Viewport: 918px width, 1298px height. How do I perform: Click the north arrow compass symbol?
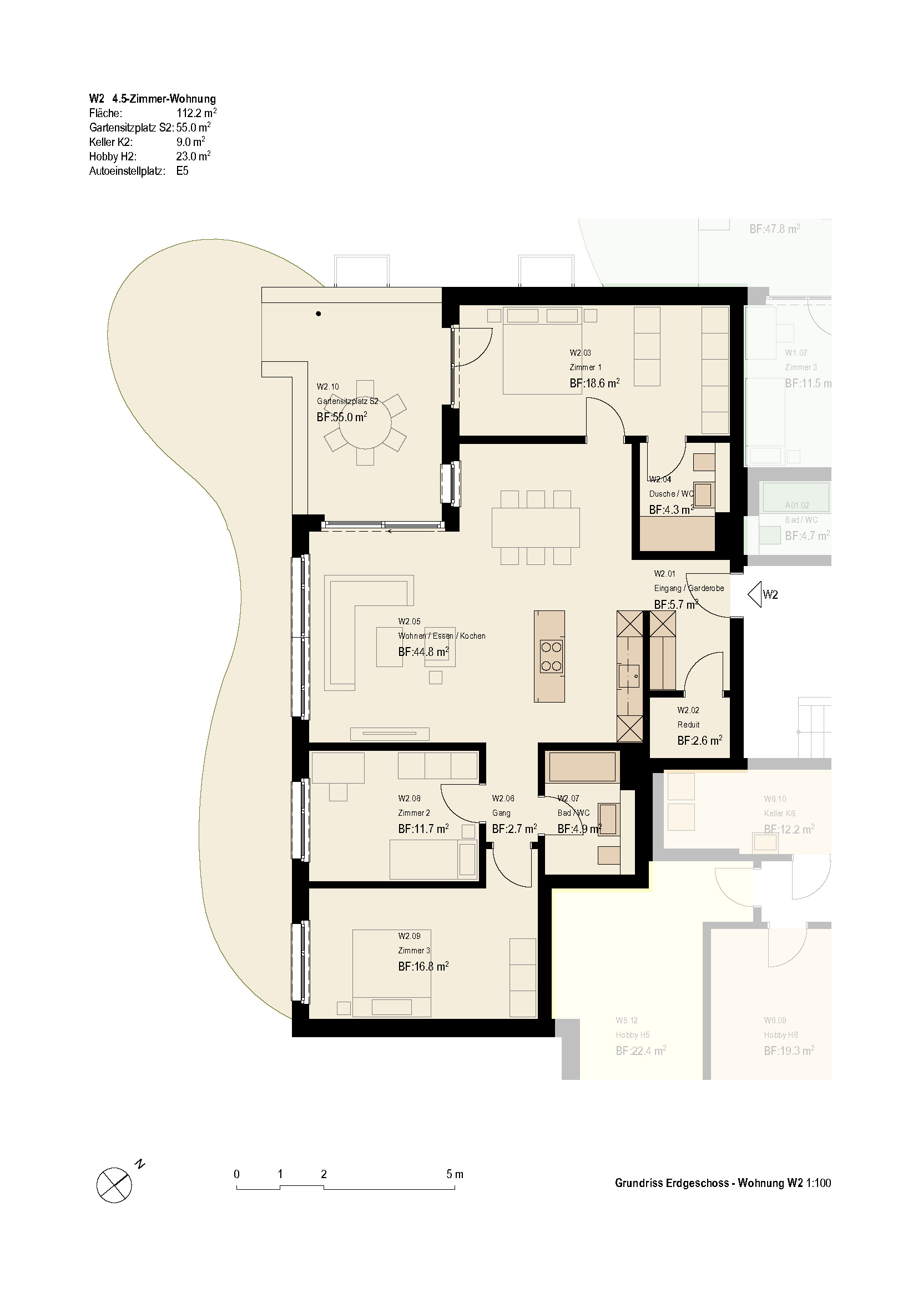click(x=114, y=1185)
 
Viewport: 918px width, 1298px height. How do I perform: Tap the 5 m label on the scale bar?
click(x=455, y=1174)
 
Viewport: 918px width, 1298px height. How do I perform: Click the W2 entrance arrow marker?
click(x=754, y=594)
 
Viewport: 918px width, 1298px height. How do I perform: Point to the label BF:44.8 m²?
click(x=423, y=652)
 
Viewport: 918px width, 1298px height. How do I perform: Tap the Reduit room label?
click(x=688, y=725)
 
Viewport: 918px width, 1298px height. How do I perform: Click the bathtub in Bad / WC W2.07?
click(x=582, y=766)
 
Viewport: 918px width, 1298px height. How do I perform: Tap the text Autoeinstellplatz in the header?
click(x=127, y=171)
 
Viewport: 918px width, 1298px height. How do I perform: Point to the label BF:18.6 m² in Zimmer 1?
click(x=594, y=383)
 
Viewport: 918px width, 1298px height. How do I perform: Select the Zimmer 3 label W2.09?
click(x=410, y=936)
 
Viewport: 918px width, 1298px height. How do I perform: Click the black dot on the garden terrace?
click(x=319, y=314)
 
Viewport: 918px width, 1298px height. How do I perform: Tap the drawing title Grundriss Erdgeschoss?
click(x=672, y=1183)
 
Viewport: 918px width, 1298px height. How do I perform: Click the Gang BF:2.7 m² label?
click(x=515, y=829)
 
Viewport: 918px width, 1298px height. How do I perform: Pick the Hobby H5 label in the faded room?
click(x=633, y=1035)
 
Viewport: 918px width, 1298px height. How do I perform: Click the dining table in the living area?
click(x=535, y=527)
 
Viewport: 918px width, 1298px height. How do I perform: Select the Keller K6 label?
click(x=779, y=814)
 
